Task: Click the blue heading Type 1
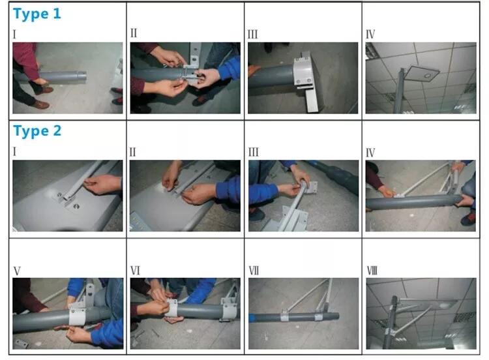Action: click(37, 14)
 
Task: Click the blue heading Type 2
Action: click(37, 131)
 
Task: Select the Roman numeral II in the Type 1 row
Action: click(134, 33)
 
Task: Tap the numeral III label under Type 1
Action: click(252, 34)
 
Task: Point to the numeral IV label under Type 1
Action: click(370, 34)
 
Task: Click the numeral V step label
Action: click(17, 271)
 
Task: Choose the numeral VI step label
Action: click(135, 271)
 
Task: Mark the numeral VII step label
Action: click(254, 271)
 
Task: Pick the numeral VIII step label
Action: click(372, 271)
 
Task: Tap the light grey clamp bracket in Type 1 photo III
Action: click(302, 72)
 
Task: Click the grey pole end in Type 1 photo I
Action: click(80, 76)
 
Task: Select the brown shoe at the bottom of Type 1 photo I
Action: click(41, 104)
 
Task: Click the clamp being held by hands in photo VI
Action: click(171, 308)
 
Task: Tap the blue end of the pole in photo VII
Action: click(252, 318)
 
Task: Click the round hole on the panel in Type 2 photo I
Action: click(76, 206)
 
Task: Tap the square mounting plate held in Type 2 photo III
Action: click(311, 187)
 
